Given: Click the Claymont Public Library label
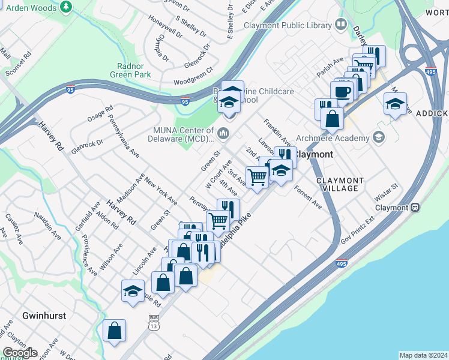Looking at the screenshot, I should click(288, 26).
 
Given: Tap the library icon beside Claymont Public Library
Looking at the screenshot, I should click(341, 25).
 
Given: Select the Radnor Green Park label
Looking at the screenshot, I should click(130, 71).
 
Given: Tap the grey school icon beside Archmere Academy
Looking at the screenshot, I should click(378, 137).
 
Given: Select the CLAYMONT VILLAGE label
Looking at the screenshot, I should click(340, 184).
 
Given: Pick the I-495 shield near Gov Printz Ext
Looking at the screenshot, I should click(340, 264).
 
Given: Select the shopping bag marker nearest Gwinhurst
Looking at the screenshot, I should click(114, 331).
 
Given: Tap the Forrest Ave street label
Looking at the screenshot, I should click(308, 197).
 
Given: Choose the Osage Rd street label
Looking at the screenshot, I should click(100, 114).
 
